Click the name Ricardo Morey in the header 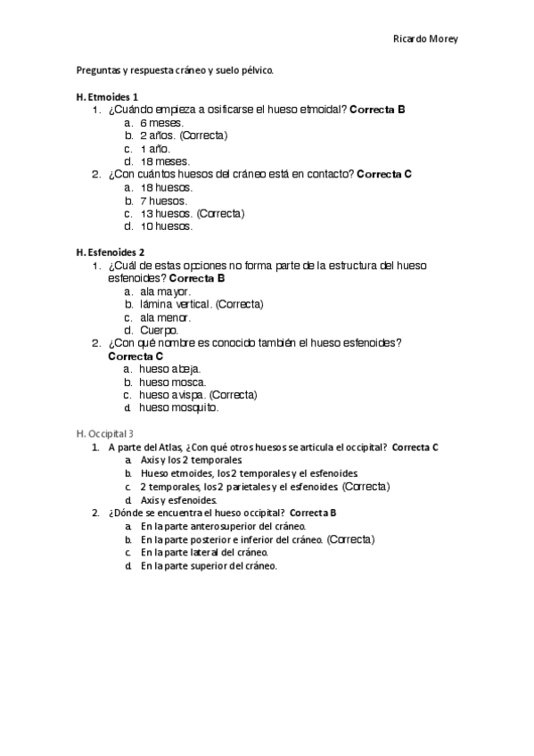(425, 39)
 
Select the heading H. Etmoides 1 (107, 96)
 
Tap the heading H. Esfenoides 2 (112, 252)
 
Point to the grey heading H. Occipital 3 (105, 433)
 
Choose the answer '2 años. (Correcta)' (183, 136)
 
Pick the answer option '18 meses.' (165, 161)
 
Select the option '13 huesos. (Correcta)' (192, 213)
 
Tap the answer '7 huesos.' (164, 201)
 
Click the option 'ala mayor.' (165, 292)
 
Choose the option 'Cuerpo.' (159, 330)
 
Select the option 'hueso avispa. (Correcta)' (198, 395)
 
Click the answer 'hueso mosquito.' (178, 407)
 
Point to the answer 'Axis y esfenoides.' (178, 500)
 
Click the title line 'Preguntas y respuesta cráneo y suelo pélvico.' (175, 70)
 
